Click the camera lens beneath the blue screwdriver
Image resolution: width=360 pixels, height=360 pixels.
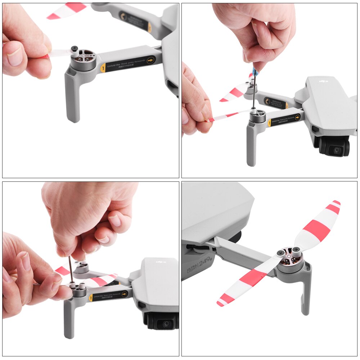(337, 150)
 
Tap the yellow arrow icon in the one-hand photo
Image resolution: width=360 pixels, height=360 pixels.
(150, 60)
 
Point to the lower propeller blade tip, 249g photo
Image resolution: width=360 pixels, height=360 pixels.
(219, 303)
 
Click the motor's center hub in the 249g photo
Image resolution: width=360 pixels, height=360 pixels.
(289, 254)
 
